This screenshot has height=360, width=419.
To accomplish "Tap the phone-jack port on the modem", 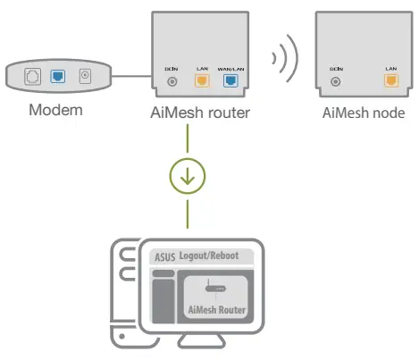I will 32,78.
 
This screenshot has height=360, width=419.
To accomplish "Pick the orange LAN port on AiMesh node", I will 390,80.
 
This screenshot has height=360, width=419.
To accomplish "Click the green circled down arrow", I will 188,176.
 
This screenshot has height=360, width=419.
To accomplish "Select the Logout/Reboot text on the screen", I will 209,256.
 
